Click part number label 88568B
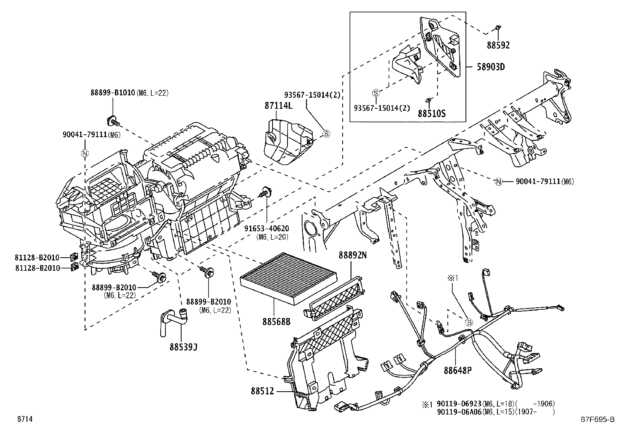pos(276,322)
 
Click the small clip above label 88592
pos(498,28)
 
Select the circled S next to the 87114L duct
pos(326,134)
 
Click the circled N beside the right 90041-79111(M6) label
pos(499,182)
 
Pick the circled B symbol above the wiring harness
pos(469,322)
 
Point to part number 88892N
pos(352,255)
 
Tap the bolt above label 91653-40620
pos(265,193)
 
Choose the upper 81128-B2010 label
pos(37,258)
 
